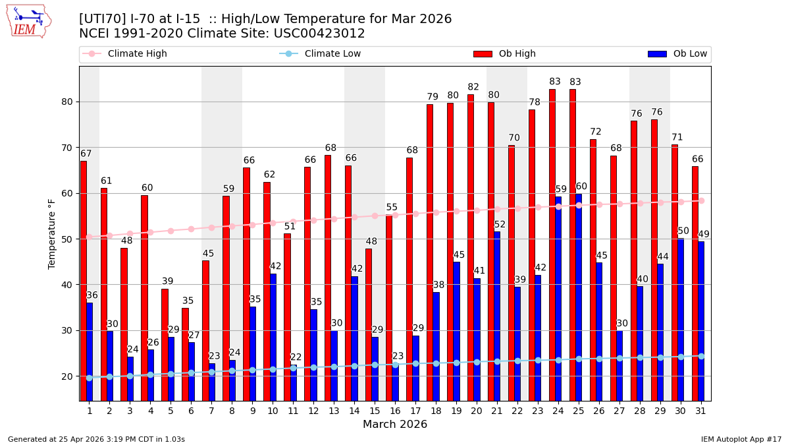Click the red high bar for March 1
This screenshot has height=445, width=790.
[x=84, y=280]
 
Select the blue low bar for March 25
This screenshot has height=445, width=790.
[x=579, y=297]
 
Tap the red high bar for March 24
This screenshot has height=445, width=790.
[x=552, y=245]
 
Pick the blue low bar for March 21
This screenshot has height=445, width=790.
[x=497, y=316]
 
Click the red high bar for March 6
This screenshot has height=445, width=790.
[x=186, y=354]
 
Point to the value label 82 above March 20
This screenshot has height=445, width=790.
[x=473, y=87]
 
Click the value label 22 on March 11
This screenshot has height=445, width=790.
[x=296, y=357]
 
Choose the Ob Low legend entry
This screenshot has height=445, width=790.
[x=677, y=54]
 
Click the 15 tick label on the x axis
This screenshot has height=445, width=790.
[x=375, y=411]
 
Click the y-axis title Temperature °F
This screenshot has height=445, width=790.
[x=52, y=233]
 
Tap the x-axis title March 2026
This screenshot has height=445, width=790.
[x=395, y=425]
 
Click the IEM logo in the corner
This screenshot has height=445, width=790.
[x=28, y=21]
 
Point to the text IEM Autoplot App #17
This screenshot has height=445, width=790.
[x=741, y=439]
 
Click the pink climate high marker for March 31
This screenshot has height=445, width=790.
[x=701, y=200]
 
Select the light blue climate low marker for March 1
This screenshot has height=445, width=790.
[x=90, y=378]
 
